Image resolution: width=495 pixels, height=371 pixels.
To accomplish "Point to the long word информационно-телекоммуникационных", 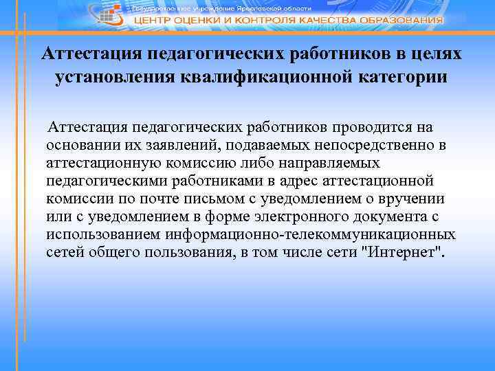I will click(x=310, y=235).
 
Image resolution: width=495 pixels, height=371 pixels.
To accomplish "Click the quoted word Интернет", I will click(x=403, y=253).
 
